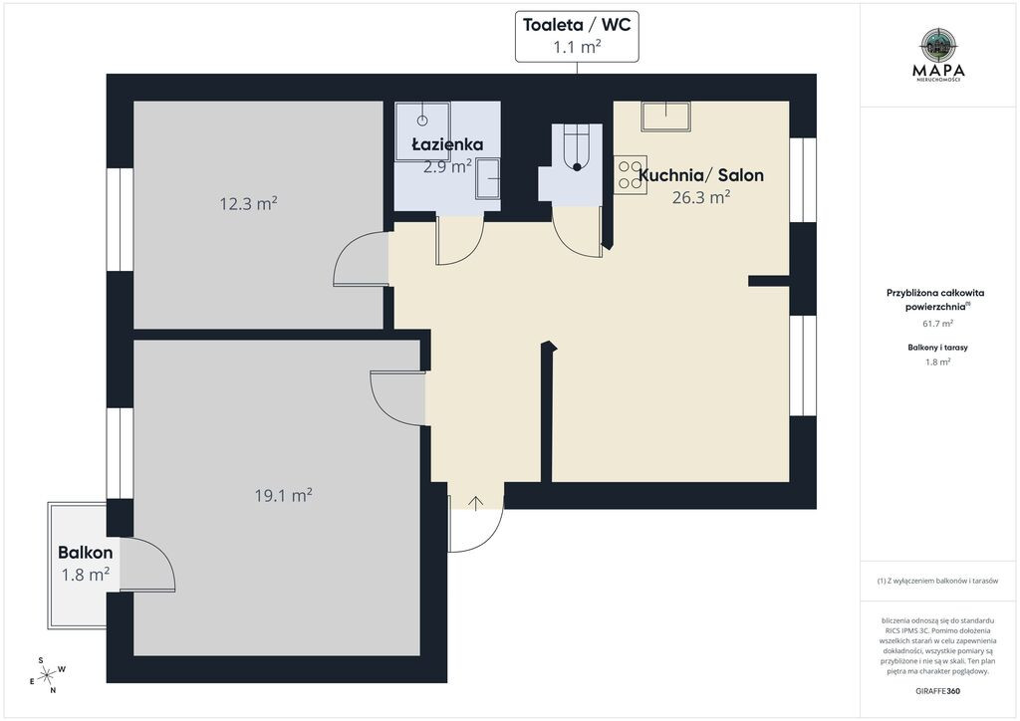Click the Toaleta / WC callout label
point(577,37)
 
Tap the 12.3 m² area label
point(248,204)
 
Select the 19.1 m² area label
point(284,496)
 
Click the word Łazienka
point(447,143)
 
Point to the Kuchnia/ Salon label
point(701,175)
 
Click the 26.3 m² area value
point(701,197)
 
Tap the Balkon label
point(86,553)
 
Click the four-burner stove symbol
point(631,175)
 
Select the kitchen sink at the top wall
point(666,118)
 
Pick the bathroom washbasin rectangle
point(488,179)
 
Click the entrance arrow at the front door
point(476,503)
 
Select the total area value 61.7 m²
point(938,323)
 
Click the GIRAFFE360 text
point(937,691)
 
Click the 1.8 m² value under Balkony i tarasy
point(938,362)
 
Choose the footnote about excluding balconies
point(937,581)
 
